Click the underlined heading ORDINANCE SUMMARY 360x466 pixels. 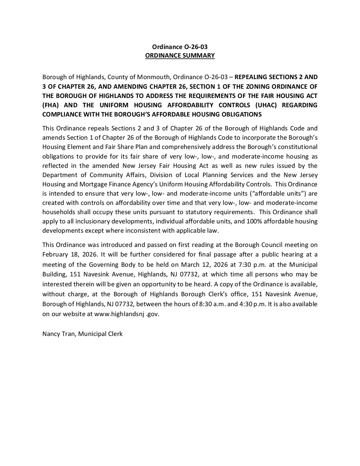pyautogui.click(x=180, y=56)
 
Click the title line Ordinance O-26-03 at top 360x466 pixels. pyautogui.click(x=180, y=47)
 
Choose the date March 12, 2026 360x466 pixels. pyautogui.click(x=219, y=265)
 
